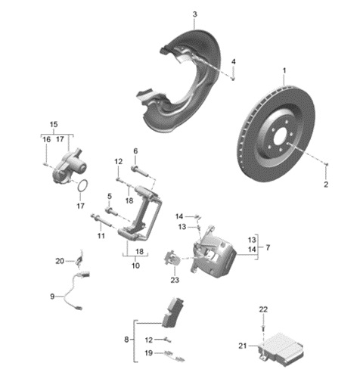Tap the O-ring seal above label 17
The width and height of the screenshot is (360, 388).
coord(82,185)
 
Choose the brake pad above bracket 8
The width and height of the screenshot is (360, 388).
coord(173,312)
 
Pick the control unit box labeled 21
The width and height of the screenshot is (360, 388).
coord(281,349)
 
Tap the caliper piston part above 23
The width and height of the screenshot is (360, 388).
coord(172,258)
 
